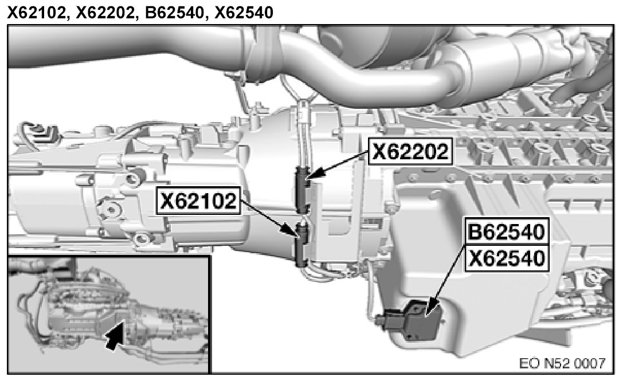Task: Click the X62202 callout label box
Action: coord(410,152)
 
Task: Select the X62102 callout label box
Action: coord(198,201)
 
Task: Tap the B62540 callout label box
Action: coord(507,231)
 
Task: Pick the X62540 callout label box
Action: coord(507,258)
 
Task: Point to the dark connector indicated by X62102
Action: coord(301,244)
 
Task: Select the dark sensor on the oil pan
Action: coord(418,320)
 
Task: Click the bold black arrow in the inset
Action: coord(115,335)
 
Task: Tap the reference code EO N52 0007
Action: coord(562,363)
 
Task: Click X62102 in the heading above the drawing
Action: coord(36,13)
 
